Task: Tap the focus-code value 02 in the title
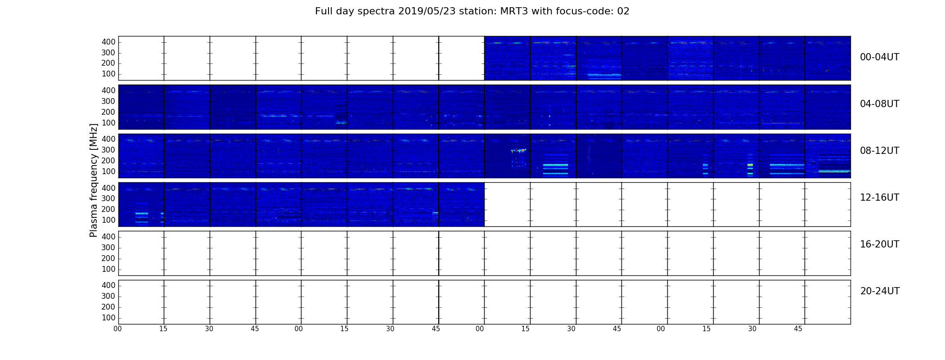click(623, 11)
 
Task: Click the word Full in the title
click(323, 11)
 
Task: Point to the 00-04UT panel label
click(880, 57)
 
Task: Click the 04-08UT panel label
click(880, 104)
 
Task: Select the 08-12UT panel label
click(880, 151)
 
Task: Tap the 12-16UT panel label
click(880, 198)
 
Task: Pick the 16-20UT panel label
click(880, 244)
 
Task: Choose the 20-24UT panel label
click(880, 291)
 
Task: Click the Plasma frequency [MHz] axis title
click(94, 180)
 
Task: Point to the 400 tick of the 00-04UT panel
click(108, 42)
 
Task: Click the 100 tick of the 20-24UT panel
click(108, 318)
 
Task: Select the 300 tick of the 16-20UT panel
click(108, 247)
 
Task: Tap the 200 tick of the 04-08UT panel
click(108, 112)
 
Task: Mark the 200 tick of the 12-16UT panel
click(108, 209)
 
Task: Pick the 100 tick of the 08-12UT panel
click(108, 171)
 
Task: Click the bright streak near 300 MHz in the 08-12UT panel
click(518, 150)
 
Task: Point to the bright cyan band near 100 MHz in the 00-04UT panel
click(604, 75)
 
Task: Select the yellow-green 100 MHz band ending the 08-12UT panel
click(834, 171)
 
